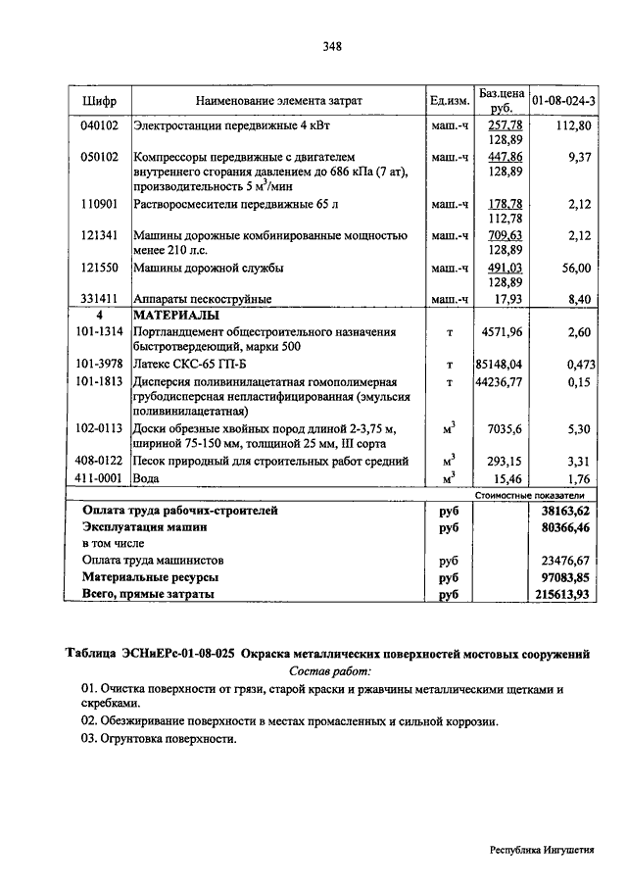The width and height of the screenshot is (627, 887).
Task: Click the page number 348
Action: coord(331,46)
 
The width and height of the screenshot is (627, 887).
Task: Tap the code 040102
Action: coord(100,126)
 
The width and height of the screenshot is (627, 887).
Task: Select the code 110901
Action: coord(100,204)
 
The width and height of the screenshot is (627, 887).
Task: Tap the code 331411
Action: coord(100,299)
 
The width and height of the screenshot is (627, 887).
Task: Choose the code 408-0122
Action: coord(99,461)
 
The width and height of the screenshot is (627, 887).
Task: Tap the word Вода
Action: coord(147,478)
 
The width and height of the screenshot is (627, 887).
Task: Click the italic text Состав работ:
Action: coord(331,672)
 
